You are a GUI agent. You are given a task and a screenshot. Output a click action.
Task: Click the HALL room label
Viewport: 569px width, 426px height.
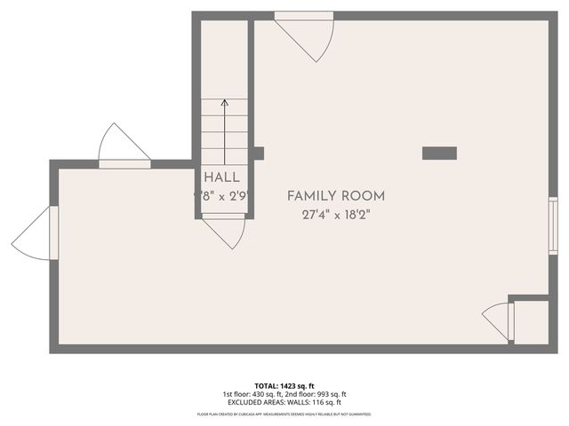[x=222, y=177]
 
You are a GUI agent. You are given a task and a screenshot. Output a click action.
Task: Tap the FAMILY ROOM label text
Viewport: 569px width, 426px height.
[x=336, y=195]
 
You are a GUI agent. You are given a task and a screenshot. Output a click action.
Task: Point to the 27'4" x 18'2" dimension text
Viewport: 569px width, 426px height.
[x=336, y=214]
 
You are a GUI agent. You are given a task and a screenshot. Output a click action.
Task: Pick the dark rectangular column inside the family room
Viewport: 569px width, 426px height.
[x=438, y=153]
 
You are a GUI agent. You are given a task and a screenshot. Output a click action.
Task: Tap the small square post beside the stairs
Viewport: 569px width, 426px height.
[x=259, y=153]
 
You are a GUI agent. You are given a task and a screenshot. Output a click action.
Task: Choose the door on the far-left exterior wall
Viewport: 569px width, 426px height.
[x=36, y=233]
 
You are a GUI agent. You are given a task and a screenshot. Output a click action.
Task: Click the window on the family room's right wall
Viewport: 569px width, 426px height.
[x=553, y=226]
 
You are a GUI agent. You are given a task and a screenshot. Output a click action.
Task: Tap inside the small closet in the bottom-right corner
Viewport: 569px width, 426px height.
[x=531, y=321]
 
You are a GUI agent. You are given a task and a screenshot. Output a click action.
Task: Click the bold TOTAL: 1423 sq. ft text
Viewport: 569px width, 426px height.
[x=284, y=387]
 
